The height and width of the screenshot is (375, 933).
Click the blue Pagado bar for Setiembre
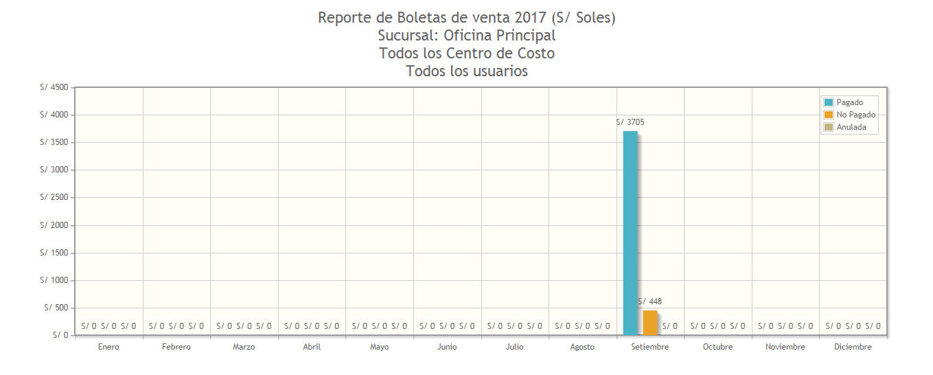point(630,234)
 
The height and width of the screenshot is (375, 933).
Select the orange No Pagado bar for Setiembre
point(649,323)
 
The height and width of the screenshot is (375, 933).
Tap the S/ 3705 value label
point(630,122)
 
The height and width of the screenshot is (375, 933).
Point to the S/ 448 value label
point(649,302)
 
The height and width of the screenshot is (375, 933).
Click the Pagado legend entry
point(849,102)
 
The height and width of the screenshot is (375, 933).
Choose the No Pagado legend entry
point(855,115)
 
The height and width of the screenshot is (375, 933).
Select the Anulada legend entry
point(851,127)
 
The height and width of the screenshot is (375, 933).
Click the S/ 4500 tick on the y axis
point(54,87)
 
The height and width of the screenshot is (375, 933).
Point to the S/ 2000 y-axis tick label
point(54,225)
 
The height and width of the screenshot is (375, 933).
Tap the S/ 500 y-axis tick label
point(57,308)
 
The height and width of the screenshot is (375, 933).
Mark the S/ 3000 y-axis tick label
point(54,170)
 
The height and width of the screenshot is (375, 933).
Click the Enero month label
point(108,347)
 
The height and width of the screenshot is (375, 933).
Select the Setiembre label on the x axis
point(649,347)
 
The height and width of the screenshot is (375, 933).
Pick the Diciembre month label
point(853,347)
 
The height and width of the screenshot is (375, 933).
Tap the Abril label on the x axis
point(312,347)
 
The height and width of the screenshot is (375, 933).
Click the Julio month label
point(514,347)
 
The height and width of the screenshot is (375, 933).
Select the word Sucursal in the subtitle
point(408,36)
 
